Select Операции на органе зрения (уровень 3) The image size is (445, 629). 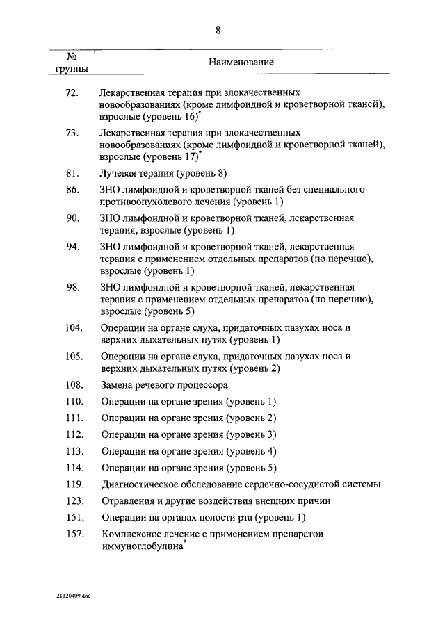[188, 434]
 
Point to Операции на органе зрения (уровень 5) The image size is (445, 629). [188, 468]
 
